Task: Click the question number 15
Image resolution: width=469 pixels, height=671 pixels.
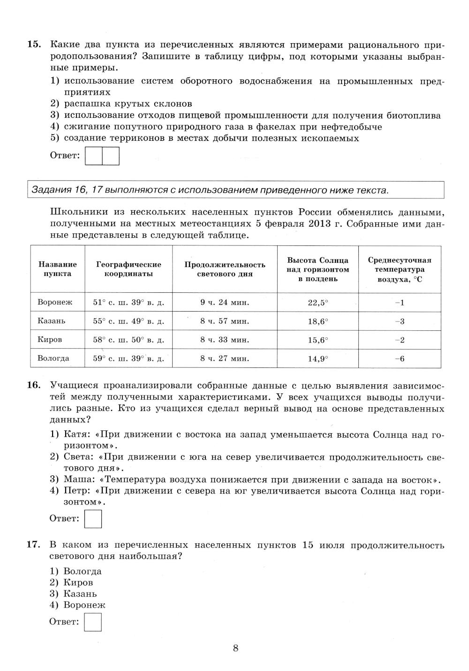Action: (x=34, y=45)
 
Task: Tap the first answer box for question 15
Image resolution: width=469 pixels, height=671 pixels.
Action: (x=94, y=156)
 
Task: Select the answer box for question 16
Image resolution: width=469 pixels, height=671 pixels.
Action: (x=93, y=519)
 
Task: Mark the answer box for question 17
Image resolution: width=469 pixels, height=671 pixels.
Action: (x=93, y=622)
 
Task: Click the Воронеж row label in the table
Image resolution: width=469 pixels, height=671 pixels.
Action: (x=55, y=303)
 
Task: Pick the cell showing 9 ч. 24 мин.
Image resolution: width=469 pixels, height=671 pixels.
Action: (x=225, y=303)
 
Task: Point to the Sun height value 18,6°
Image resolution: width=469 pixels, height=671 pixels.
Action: (x=318, y=321)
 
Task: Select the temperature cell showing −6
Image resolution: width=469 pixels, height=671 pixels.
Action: (x=400, y=359)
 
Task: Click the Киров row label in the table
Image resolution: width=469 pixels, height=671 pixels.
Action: (x=50, y=340)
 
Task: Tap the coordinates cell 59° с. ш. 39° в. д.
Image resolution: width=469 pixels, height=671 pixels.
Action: (x=129, y=359)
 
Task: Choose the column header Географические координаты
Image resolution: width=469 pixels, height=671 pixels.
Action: (x=129, y=269)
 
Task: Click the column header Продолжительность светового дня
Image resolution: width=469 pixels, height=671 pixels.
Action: (x=225, y=269)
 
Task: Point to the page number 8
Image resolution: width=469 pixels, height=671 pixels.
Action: (x=235, y=648)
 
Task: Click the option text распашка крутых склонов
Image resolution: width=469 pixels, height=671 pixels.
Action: (x=128, y=104)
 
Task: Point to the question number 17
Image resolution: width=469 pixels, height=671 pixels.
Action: (x=34, y=545)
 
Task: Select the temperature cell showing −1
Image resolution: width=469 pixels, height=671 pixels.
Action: (x=400, y=303)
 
